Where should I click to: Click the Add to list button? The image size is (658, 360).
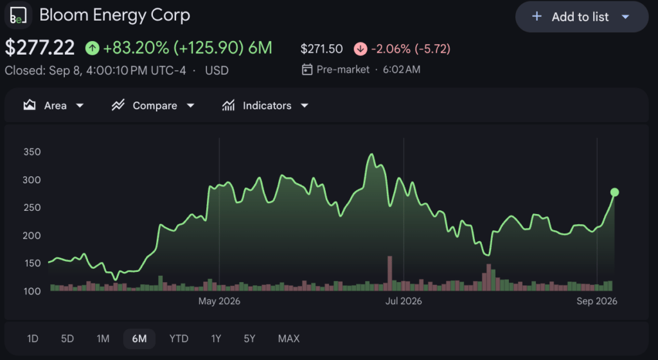[x=582, y=17]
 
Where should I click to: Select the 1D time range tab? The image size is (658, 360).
[x=32, y=339]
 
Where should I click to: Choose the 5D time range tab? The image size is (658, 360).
[x=67, y=339]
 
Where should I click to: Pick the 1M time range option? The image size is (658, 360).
[x=103, y=339]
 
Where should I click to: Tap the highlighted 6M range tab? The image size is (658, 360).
[x=139, y=339]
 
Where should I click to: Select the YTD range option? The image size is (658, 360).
[x=179, y=339]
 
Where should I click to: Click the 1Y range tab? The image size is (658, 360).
[x=216, y=339]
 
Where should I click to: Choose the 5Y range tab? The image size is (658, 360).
[x=250, y=339]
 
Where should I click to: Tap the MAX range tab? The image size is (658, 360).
[x=289, y=339]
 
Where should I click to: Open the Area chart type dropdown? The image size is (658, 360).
[x=53, y=105]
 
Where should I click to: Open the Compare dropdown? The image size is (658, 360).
[x=153, y=105]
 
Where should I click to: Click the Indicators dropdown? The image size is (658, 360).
[x=265, y=105]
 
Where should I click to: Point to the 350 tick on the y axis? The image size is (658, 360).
[x=32, y=152]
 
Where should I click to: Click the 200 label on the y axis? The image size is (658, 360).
[x=32, y=235]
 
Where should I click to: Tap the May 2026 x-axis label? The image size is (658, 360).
[x=219, y=301]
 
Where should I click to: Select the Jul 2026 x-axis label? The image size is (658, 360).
[x=404, y=301]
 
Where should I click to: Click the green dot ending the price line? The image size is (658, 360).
[x=615, y=192]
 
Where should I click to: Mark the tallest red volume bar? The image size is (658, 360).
[x=390, y=274]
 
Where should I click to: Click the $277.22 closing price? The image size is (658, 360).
[x=40, y=48]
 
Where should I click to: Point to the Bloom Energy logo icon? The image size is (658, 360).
[x=18, y=15]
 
